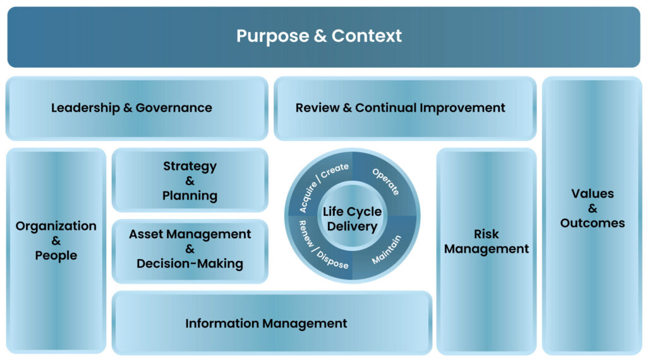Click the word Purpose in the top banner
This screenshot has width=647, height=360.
(x=272, y=36)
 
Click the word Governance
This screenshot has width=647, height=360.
(x=174, y=108)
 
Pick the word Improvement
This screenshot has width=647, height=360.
(x=463, y=108)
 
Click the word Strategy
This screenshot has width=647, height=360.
(x=190, y=167)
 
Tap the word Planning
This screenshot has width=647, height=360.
(x=190, y=196)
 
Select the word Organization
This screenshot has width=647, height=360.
(x=56, y=226)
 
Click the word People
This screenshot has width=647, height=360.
(x=56, y=256)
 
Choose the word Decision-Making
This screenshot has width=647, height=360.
(x=190, y=264)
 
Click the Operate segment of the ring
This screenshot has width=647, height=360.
(x=385, y=183)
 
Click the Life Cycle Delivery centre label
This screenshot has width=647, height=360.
(x=352, y=219)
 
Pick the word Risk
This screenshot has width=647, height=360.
(x=487, y=234)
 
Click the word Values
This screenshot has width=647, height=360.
(x=592, y=194)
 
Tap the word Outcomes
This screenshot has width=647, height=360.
(x=592, y=223)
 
